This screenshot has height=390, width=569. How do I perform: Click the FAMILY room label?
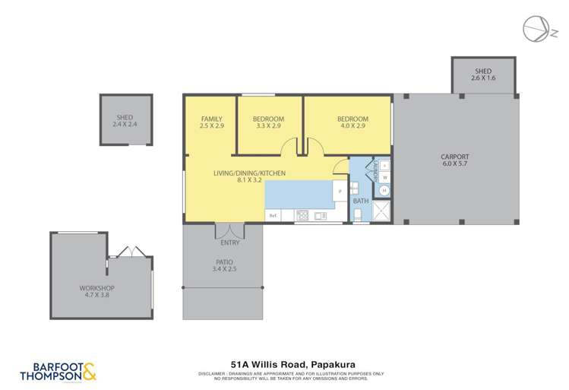[211, 119]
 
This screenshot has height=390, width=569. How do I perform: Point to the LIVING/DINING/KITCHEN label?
[250, 173]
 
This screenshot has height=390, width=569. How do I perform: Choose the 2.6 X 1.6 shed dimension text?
[483, 78]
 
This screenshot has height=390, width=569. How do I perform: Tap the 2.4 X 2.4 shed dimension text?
[125, 124]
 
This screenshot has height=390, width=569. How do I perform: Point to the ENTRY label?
[229, 243]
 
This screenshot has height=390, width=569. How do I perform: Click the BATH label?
[361, 201]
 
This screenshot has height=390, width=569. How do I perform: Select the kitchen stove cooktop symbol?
[302, 215]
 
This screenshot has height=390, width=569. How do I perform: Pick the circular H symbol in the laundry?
[384, 191]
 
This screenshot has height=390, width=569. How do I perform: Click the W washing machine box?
[384, 178]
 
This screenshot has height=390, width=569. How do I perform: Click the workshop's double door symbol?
[125, 252]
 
